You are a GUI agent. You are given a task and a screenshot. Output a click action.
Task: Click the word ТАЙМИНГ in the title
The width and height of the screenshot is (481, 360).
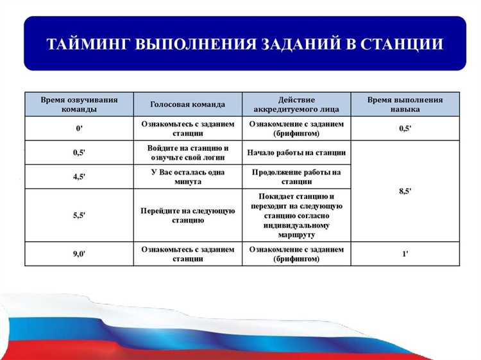click(x=88, y=44)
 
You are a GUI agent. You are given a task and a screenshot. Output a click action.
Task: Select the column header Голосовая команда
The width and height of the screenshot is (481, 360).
click(x=188, y=105)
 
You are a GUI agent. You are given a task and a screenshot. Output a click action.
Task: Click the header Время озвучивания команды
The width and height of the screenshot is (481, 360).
click(x=79, y=105)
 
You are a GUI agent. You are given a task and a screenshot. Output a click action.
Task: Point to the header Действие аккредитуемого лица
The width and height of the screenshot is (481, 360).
click(x=296, y=105)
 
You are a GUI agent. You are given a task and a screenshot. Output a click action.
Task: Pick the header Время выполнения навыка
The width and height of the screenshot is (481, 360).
click(x=405, y=105)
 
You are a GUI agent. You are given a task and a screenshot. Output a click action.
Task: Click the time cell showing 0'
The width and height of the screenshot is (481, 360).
click(x=79, y=128)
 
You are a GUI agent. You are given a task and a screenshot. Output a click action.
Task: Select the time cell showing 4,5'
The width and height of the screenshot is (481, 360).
click(x=79, y=176)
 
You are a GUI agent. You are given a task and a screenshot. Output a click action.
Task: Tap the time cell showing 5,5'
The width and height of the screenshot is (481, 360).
click(x=79, y=215)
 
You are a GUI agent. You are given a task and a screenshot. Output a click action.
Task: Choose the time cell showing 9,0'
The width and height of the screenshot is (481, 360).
click(x=79, y=253)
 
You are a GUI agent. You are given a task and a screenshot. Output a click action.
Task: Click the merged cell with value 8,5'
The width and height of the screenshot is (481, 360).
click(x=405, y=191)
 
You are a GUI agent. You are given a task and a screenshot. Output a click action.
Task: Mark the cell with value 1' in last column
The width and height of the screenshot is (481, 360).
click(x=405, y=253)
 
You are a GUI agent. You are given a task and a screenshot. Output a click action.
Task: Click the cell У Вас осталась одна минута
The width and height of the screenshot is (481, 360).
click(x=188, y=176)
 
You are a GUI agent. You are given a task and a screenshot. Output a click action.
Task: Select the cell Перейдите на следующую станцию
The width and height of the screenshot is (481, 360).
click(x=188, y=215)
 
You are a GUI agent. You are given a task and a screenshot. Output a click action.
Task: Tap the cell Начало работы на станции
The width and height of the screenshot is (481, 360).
click(x=296, y=153)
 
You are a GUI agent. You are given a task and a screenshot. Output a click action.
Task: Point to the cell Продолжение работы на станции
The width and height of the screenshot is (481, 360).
click(x=296, y=176)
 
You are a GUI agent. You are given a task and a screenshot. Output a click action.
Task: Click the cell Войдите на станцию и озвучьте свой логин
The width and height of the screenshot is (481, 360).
click(x=188, y=153)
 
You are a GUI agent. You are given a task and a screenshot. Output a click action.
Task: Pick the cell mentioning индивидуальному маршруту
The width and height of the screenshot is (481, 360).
click(x=296, y=215)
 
